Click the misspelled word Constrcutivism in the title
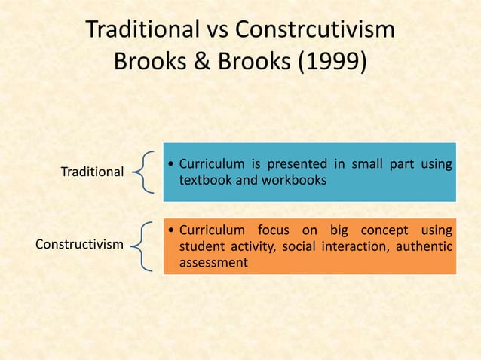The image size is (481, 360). [316, 31]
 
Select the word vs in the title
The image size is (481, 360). [213, 31]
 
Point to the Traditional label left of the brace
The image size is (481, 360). [92, 172]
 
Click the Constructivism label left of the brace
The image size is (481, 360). [80, 244]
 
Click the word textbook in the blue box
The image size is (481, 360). [206, 182]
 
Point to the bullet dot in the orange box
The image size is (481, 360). [172, 230]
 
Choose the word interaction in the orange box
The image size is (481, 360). [357, 247]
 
